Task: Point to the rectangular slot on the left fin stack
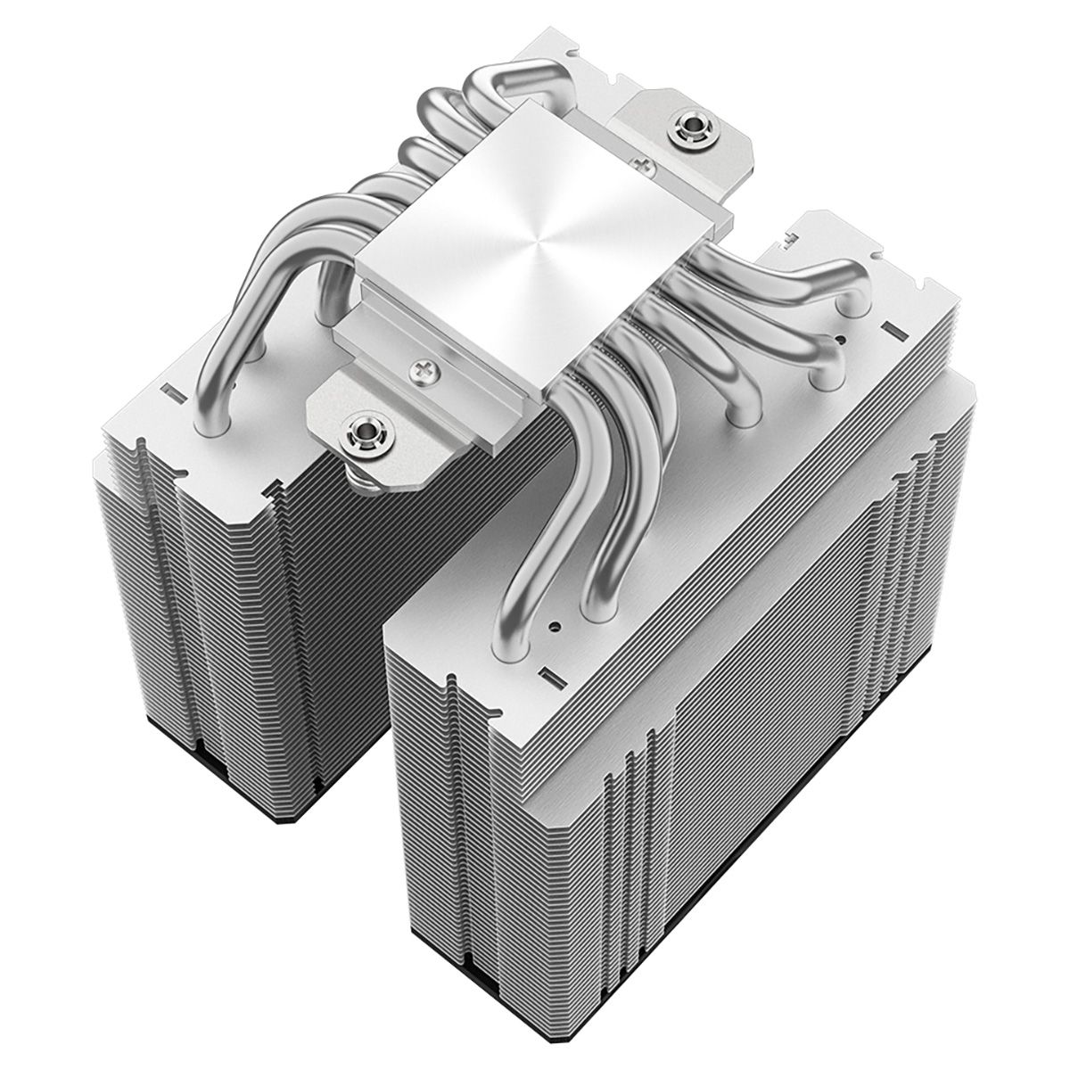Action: pyautogui.click(x=170, y=391)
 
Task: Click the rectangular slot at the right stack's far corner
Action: pyautogui.click(x=888, y=328)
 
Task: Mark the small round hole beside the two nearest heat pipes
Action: pyautogui.click(x=557, y=626)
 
